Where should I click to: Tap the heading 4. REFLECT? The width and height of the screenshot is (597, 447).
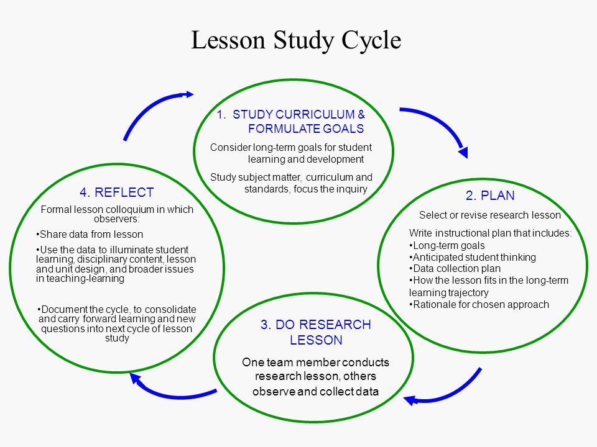[116, 192]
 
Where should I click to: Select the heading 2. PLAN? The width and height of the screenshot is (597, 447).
[490, 196]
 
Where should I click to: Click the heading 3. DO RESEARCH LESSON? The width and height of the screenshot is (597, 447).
[316, 332]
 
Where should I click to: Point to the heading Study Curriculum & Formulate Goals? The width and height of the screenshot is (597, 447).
[291, 121]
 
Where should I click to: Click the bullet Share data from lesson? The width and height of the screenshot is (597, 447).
[90, 235]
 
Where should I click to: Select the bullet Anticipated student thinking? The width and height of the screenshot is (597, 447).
[473, 257]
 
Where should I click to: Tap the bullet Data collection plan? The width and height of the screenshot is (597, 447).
[455, 269]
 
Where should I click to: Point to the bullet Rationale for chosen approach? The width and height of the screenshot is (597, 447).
[479, 304]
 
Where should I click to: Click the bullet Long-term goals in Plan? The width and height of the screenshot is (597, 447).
[447, 246]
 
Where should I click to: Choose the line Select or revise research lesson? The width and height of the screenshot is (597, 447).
[490, 215]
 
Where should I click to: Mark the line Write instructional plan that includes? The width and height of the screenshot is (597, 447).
[491, 233]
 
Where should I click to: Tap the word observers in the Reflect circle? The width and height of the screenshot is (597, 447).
[116, 219]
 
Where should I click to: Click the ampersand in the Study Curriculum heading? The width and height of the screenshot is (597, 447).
[361, 114]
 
